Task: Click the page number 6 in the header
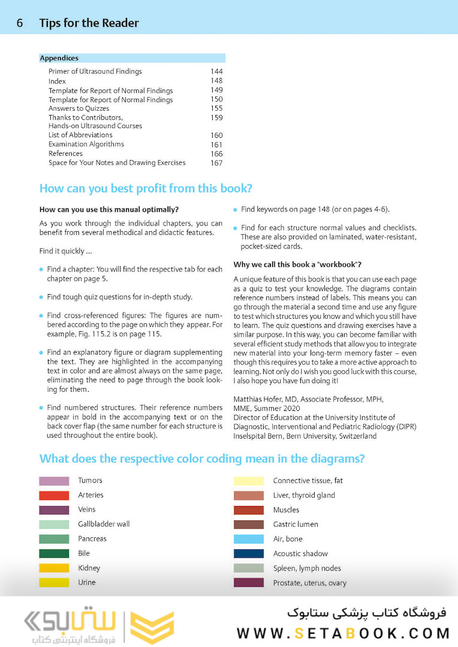[x=20, y=23]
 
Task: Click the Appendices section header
[x=59, y=58]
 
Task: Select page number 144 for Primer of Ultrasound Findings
[x=216, y=71]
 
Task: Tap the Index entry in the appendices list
[x=57, y=81]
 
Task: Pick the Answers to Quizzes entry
[x=79, y=108]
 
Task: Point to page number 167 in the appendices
[x=216, y=163]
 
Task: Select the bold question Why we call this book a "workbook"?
[x=297, y=265]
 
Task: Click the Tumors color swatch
[x=54, y=480]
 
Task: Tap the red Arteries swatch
[x=54, y=495]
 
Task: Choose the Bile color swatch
[x=54, y=554]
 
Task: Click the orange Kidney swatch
[x=54, y=568]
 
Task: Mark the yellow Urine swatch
[x=54, y=582]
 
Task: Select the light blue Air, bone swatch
[x=248, y=539]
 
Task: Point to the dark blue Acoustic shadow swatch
[x=248, y=554]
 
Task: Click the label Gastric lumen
[x=296, y=524]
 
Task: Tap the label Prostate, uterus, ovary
[x=309, y=583]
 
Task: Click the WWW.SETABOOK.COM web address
[x=343, y=633]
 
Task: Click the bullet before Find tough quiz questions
[x=41, y=297]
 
